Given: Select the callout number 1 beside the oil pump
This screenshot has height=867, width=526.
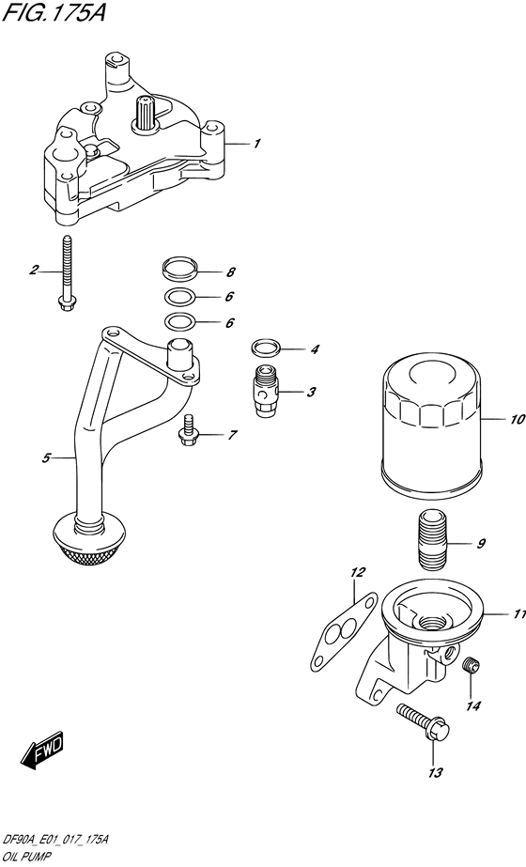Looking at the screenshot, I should click(x=256, y=144).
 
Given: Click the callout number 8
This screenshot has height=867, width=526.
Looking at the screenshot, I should click(x=230, y=272).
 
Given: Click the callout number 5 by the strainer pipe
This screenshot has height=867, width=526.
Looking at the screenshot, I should click(x=45, y=458).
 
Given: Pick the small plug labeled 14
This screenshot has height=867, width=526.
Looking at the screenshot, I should click(x=472, y=667).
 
